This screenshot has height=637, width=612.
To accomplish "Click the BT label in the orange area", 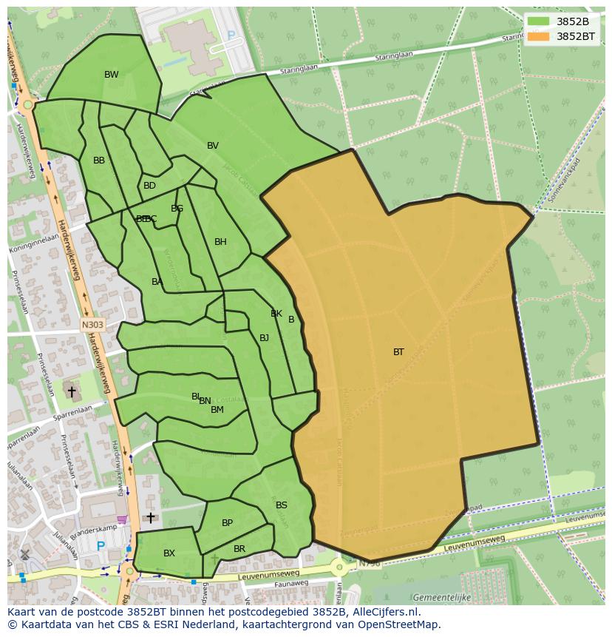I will point(398,352).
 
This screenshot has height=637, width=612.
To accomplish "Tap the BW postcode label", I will point(111,75).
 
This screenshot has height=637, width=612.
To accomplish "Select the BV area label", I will point(213,146).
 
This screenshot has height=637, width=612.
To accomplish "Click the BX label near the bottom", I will point(169,553).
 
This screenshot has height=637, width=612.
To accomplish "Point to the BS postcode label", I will point(282,505).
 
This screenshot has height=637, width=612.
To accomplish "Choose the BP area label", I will point(227,523).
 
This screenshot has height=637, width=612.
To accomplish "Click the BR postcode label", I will point(239,549).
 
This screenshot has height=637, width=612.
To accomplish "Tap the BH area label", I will point(220,242).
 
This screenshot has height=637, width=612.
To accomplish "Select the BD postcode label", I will point(149,186).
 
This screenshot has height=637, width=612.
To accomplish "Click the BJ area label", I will point(264,338).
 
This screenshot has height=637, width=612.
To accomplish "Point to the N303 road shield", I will point(92,325).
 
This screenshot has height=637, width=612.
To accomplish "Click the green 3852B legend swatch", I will point(539,21).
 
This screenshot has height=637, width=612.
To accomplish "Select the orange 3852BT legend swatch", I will point(539,36).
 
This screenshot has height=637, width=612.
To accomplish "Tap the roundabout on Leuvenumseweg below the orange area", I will point(339,567).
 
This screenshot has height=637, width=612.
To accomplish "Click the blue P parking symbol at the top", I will point(231,35).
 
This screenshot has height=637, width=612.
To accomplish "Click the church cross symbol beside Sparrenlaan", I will point(72,391).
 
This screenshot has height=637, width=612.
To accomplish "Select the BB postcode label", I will point(99,161).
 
